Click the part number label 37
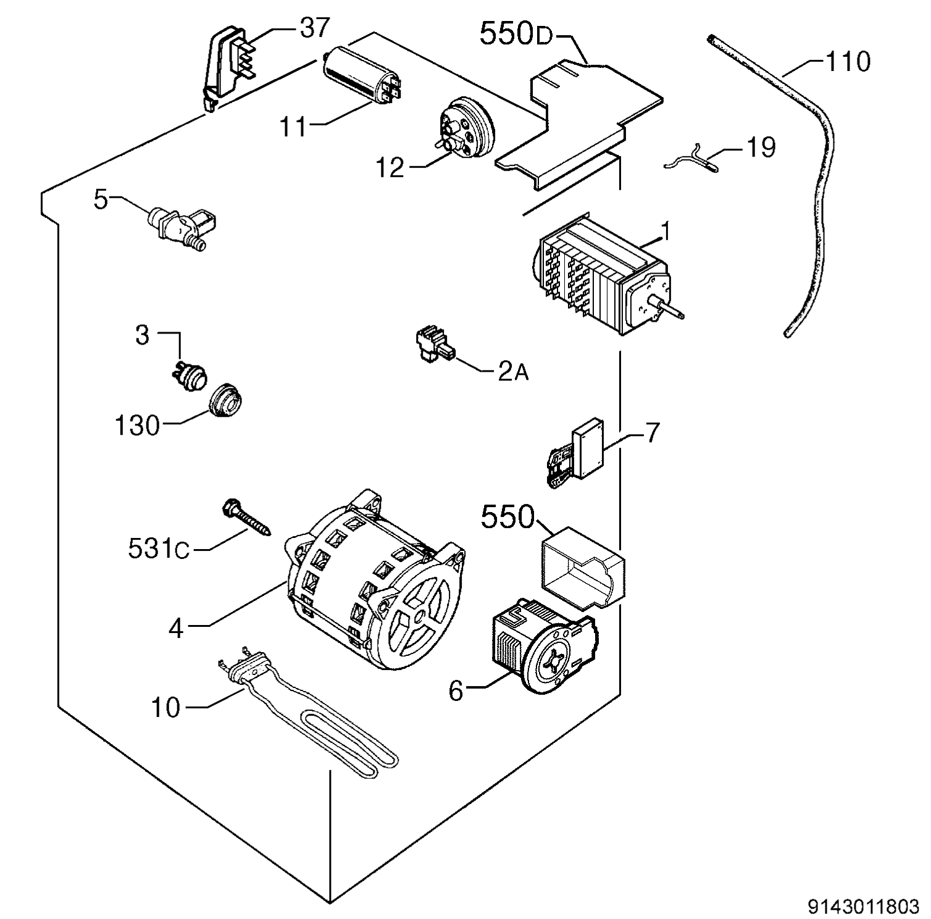coord(315,28)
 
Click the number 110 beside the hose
coord(848,62)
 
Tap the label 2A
coord(513,372)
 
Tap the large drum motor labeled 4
coord(374,587)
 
